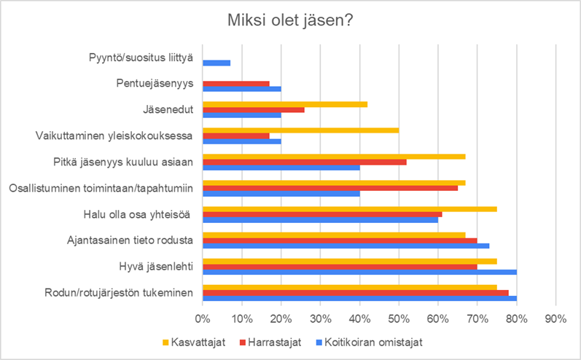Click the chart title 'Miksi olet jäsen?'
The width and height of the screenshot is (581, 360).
click(x=290, y=20)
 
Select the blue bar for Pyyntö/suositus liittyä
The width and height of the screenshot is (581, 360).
click(x=217, y=63)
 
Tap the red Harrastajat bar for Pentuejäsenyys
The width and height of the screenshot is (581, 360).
click(x=236, y=84)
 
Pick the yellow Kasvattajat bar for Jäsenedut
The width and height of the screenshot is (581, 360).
click(x=285, y=104)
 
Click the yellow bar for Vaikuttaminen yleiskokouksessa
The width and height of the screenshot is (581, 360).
click(x=301, y=130)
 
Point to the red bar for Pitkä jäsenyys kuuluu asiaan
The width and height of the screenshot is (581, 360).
click(x=305, y=163)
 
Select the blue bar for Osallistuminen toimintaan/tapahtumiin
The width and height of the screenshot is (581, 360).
click(x=281, y=194)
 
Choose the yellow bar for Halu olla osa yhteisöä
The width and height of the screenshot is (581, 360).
click(x=350, y=209)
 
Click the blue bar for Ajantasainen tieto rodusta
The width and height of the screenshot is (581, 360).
click(x=346, y=246)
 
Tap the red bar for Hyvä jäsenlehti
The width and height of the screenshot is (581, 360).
click(x=340, y=267)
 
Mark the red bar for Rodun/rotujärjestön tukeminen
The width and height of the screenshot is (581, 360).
click(x=356, y=293)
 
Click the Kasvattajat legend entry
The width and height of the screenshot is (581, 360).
click(x=194, y=342)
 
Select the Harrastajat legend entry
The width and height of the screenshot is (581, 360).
click(x=270, y=342)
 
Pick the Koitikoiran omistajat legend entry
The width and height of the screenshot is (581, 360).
click(x=370, y=342)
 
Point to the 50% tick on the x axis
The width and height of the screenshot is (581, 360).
click(x=399, y=319)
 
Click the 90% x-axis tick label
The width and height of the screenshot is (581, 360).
click(x=555, y=319)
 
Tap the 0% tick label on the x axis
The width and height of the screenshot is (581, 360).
click(x=203, y=319)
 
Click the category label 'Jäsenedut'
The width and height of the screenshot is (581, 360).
click(x=168, y=109)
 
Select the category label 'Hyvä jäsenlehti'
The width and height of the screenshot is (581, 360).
click(x=156, y=267)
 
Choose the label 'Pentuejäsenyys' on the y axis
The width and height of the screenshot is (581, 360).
click(x=155, y=84)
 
